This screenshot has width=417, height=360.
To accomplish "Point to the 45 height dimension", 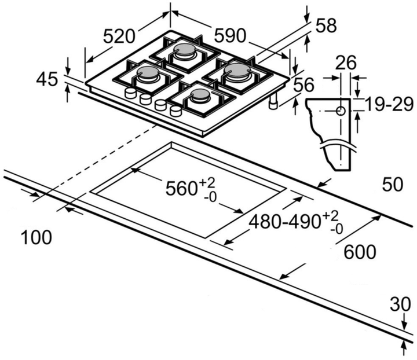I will coord(47,79).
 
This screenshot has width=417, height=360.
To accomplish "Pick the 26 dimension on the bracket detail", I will coord(346,63).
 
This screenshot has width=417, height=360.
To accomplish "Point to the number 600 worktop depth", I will coord(360,252).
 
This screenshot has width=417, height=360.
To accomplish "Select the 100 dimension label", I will coord(36,237).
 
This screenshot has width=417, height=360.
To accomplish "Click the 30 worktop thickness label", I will coord(405,304).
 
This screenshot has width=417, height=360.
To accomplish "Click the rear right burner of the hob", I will coord(237,71).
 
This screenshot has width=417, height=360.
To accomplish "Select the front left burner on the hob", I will coord(147,74).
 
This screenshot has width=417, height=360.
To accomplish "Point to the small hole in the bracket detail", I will coord(341,110).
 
